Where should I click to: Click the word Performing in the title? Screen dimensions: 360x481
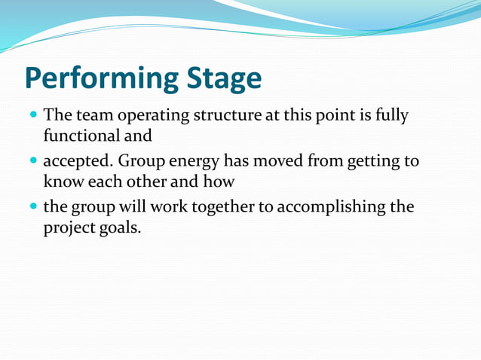click(x=100, y=79)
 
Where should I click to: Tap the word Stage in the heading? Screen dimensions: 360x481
click(x=223, y=79)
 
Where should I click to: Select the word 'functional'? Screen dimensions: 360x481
click(x=81, y=137)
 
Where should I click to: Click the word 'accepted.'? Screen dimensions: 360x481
click(x=77, y=163)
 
